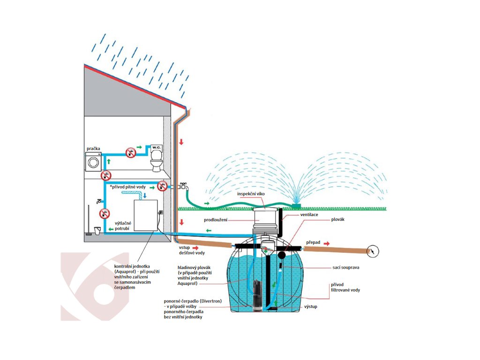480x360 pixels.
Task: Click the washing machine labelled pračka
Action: point(93,161)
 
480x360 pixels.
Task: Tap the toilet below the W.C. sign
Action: point(156,164)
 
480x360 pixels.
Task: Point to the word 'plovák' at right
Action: point(338,219)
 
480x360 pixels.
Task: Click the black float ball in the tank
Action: point(282,255)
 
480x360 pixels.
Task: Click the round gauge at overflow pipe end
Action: point(373,251)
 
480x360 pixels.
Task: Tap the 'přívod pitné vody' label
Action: point(128,187)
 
